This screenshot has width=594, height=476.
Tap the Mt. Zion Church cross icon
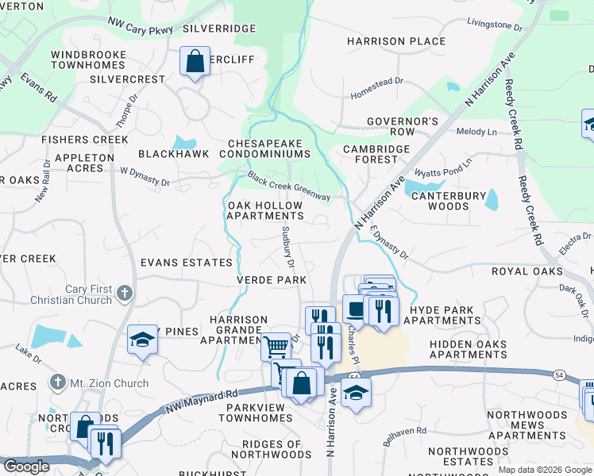click(56, 382)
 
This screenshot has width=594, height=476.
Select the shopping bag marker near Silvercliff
click(195, 61)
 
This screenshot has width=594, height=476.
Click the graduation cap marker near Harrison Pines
click(142, 340)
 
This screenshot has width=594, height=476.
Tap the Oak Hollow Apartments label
click(265, 210)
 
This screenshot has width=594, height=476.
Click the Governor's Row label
click(402, 126)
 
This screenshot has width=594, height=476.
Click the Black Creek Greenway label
click(287, 186)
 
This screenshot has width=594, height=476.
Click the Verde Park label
click(271, 280)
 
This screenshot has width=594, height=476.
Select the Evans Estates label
click(186, 262)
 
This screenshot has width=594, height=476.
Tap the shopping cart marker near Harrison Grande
click(276, 346)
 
